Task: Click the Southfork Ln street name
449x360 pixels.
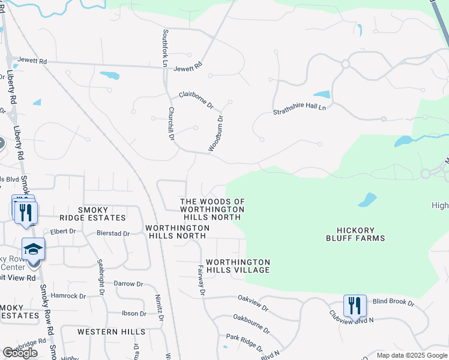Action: pos(164,47)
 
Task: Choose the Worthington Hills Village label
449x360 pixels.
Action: pos(238,266)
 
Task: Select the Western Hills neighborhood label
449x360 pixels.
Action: pos(111,331)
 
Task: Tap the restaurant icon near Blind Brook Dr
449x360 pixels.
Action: pos(355,306)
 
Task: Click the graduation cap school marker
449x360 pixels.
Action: pos(33,249)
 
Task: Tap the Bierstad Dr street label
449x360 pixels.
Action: pos(113,233)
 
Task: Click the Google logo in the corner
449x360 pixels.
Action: pos(20,353)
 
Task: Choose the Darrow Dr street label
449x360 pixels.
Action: pos(128,283)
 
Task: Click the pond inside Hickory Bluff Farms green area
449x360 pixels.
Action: pos(367,200)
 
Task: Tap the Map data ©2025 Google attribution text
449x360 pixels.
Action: pos(412,355)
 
